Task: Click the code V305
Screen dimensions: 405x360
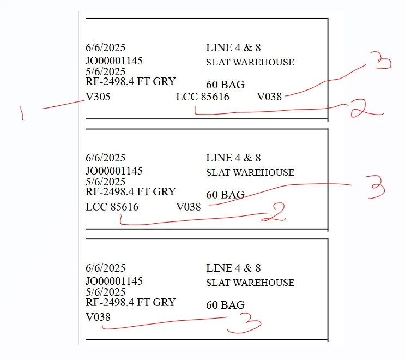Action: click(x=98, y=97)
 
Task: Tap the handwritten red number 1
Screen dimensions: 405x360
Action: click(x=22, y=113)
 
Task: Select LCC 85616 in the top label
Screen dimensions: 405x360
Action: click(x=203, y=97)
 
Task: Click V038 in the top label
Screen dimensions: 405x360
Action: click(x=269, y=97)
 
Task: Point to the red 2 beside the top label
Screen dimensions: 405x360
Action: click(x=366, y=109)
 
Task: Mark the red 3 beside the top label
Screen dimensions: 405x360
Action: click(x=381, y=61)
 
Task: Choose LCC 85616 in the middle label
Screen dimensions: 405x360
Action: click(x=112, y=207)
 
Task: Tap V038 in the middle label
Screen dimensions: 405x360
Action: click(x=189, y=207)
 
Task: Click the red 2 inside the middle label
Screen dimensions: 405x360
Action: click(x=274, y=212)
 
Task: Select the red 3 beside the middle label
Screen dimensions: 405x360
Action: click(x=376, y=187)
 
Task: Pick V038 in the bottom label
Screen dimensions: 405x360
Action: click(x=98, y=317)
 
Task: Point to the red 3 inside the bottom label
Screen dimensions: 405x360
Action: click(x=244, y=323)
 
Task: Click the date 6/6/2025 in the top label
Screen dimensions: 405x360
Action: click(x=105, y=47)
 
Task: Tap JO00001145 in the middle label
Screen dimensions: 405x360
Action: click(x=114, y=171)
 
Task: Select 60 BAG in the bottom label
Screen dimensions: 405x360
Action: click(x=225, y=305)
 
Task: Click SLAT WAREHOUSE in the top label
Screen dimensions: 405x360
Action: click(x=250, y=62)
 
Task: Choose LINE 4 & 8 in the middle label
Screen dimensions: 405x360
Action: click(x=233, y=158)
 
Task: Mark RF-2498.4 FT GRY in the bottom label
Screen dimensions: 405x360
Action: click(x=131, y=302)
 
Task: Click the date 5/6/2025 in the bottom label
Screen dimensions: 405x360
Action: click(x=105, y=292)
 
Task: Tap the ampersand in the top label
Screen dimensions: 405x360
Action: click(x=247, y=47)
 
